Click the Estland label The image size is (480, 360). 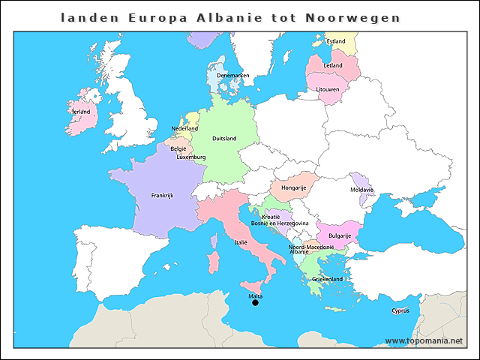[x=336, y=41]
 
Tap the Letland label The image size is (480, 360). [x=333, y=66]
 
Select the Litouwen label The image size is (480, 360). [x=328, y=89]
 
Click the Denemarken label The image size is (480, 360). [x=232, y=76]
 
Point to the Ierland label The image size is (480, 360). [x=80, y=112]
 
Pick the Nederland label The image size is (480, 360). [x=184, y=129]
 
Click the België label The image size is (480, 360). [x=178, y=148]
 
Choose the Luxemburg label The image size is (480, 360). [x=191, y=157]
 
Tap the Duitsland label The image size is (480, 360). [x=224, y=139]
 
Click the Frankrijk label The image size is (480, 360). [x=162, y=196]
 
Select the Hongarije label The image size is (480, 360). [x=293, y=187]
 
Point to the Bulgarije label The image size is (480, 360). [x=340, y=235]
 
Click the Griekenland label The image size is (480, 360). [x=327, y=279]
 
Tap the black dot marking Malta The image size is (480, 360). [x=255, y=303]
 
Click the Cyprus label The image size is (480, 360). [x=400, y=310]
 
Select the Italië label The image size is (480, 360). [x=241, y=243]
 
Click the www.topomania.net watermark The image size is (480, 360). [x=424, y=341]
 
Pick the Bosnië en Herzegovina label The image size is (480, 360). [x=280, y=223]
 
